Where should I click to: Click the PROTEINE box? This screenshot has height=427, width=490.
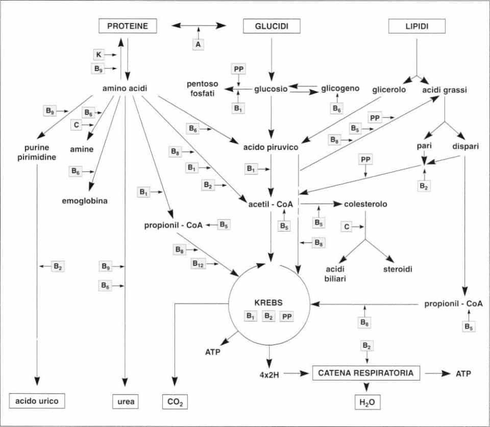(128, 26)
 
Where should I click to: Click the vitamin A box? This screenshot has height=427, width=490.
(199, 45)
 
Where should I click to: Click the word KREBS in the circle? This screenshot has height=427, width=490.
(269, 302)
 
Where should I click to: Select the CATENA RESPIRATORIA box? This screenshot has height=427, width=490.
(366, 373)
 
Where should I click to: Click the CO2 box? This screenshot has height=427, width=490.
(175, 402)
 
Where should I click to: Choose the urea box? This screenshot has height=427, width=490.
(126, 401)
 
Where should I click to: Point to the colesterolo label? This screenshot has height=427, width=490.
(365, 204)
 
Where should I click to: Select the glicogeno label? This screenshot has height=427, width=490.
(340, 88)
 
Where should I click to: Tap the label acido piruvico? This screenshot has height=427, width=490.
(271, 147)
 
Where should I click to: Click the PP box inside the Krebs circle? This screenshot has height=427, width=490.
(287, 317)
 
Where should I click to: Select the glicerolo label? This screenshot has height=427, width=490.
(389, 89)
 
